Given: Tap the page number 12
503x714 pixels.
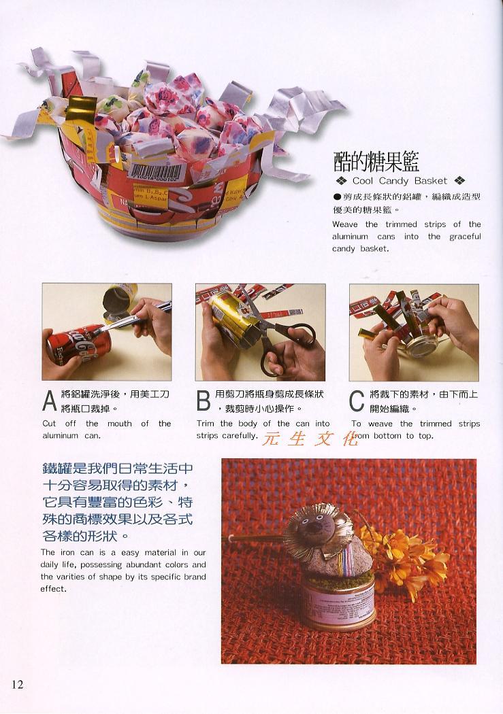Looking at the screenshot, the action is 17,684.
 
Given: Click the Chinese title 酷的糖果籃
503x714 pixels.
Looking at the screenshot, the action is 376,161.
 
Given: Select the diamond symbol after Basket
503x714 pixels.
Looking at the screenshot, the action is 459,181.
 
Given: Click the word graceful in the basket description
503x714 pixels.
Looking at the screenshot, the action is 465,237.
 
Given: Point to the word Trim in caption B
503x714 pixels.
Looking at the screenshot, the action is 205,424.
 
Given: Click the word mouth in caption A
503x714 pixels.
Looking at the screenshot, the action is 119,424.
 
